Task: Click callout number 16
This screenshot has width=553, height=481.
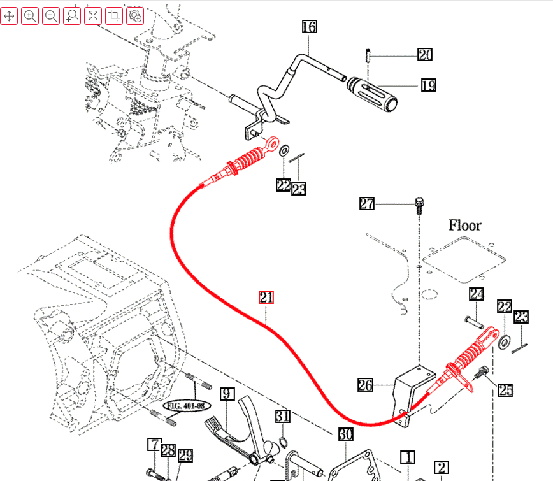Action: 309,27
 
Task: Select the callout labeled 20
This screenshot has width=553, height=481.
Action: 425,55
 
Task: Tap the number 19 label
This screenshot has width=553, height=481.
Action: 428,85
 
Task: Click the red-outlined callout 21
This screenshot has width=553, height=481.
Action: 266,297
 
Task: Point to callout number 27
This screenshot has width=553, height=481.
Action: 367,204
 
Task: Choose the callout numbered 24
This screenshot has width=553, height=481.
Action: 477,294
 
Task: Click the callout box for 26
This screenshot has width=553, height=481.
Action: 366,385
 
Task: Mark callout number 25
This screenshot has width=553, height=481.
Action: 505,390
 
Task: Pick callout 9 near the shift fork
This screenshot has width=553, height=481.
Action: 227,394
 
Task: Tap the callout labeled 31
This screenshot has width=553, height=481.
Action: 283,417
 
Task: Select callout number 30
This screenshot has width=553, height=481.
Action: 345,434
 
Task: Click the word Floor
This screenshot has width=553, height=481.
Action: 465,225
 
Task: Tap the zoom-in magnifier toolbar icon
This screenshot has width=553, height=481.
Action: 30,16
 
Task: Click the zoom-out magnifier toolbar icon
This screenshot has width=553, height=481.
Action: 51,16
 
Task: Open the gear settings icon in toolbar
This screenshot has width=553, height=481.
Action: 135,16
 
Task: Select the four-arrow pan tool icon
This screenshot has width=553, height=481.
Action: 9,16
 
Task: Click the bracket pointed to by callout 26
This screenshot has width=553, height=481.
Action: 406,389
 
